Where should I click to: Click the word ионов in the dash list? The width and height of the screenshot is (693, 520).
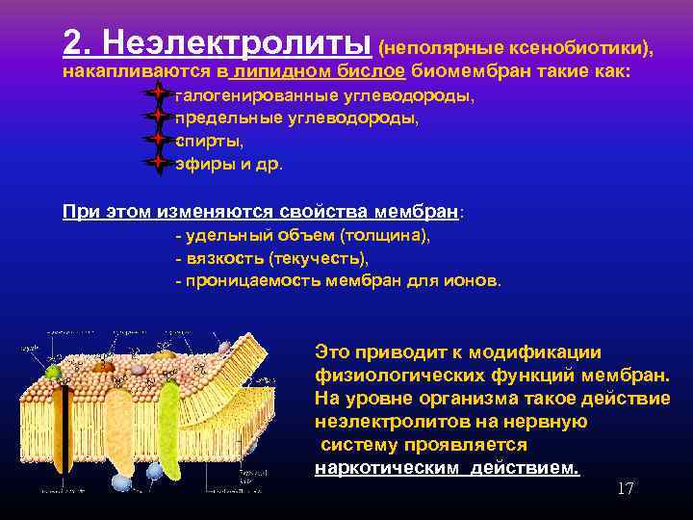coord(474,280)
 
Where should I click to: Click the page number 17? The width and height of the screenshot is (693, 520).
coord(625,489)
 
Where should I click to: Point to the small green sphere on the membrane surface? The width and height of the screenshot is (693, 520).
coord(54,370)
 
